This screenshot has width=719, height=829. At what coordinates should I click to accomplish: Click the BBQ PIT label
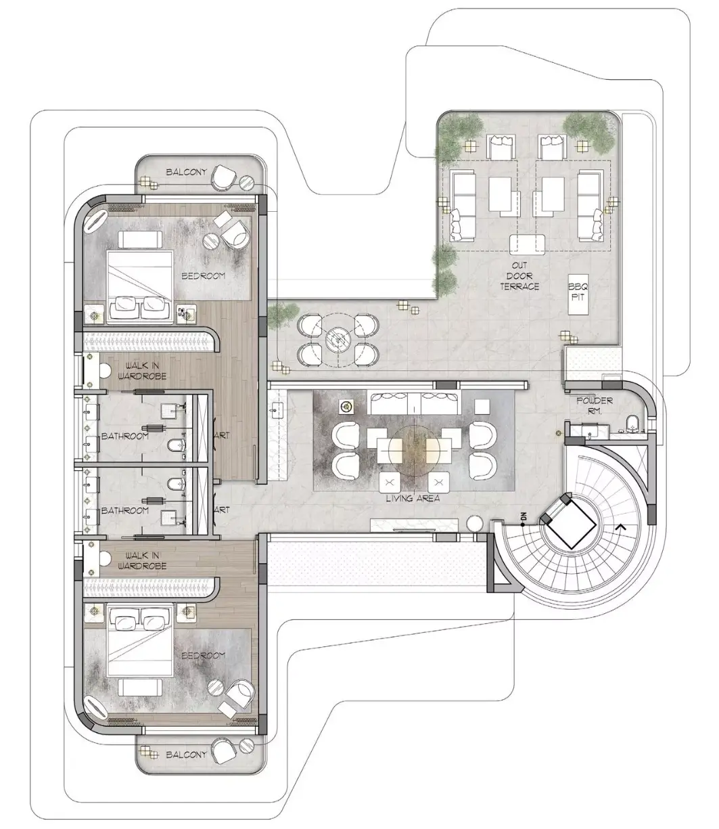coord(578,292)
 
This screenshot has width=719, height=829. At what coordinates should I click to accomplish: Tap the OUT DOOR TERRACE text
coord(519,276)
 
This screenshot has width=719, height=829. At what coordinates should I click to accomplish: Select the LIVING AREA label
coord(413,498)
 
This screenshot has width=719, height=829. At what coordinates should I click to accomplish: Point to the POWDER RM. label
coord(595,405)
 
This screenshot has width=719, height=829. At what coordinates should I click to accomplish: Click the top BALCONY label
coord(186,172)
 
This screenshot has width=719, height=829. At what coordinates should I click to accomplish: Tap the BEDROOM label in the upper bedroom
coord(203,276)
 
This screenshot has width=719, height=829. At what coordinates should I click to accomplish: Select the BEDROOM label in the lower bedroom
coord(203,655)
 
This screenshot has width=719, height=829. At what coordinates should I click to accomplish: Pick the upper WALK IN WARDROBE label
coord(142,371)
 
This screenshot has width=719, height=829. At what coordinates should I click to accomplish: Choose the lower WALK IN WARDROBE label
coord(142,561)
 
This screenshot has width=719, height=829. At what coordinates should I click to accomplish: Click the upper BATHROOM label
coord(125,436)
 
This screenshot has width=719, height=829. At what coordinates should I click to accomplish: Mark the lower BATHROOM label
coord(125,510)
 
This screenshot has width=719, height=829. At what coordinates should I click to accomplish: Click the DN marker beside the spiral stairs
coord(524,517)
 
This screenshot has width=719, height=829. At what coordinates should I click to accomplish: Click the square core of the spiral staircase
coord(570,522)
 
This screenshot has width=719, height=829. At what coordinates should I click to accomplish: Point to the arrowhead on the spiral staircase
coord(620,526)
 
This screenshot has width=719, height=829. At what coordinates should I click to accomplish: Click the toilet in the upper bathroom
coord(175,445)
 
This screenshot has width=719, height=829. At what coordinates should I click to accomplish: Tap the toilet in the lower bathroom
coord(175,484)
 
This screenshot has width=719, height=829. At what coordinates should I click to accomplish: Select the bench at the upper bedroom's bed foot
coord(140,240)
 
